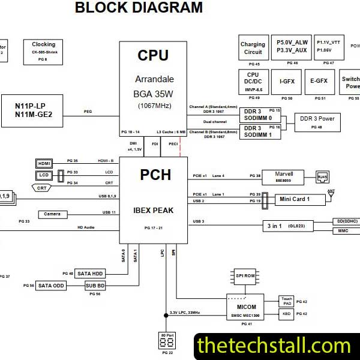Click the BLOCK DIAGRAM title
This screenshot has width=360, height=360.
(x=139, y=8)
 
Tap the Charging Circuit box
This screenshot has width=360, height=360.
(x=253, y=48)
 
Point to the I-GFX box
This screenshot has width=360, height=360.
(x=286, y=80)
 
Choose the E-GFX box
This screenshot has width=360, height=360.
(x=319, y=80)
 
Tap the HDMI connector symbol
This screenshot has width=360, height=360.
(x=44, y=163)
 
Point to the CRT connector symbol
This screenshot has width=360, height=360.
(x=41, y=188)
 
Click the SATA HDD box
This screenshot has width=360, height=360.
(x=89, y=274)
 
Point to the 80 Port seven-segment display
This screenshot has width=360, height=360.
(x=167, y=341)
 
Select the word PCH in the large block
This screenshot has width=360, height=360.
(x=155, y=175)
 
